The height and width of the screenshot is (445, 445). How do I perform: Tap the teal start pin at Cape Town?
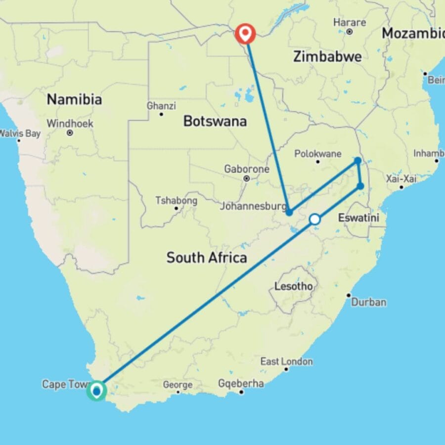(x=97, y=391)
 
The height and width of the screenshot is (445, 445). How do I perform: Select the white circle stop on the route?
(x=314, y=219)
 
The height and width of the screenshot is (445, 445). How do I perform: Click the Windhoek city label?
(x=70, y=124)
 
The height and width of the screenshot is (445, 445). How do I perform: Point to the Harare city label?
(x=350, y=23)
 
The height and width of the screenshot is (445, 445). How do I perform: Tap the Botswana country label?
(x=215, y=121)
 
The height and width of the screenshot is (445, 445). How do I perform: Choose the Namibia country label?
(x=74, y=99)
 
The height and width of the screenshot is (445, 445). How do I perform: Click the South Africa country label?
(x=206, y=257)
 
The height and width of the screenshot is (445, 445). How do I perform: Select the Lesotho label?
(x=294, y=286)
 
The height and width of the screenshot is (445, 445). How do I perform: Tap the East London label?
(x=286, y=361)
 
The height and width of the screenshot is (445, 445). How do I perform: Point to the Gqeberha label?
(x=241, y=384)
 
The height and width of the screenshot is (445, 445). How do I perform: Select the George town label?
(x=178, y=384)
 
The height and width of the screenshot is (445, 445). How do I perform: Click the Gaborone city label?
(x=247, y=169)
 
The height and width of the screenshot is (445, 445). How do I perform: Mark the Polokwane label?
(x=317, y=153)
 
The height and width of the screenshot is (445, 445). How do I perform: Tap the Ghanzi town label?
(x=161, y=106)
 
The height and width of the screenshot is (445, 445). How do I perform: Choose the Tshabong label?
(x=176, y=201)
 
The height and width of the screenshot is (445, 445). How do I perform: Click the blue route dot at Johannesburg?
(x=289, y=212)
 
